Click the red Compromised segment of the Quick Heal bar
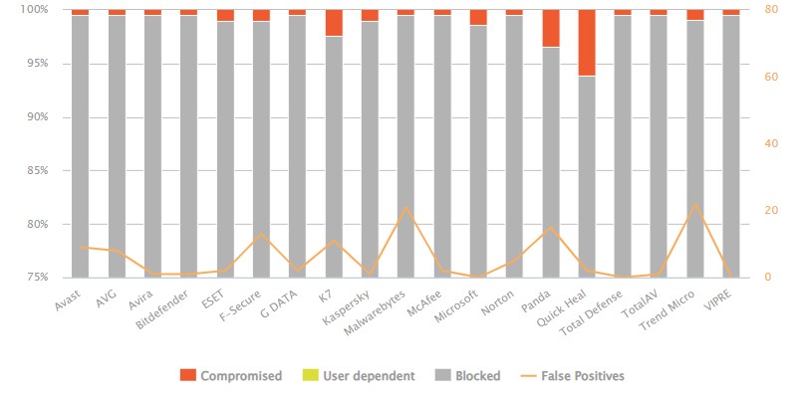click(x=586, y=43)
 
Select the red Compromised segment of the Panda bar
click(x=550, y=29)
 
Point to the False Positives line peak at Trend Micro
click(x=694, y=204)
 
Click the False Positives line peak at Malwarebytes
click(x=405, y=208)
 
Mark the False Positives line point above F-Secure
click(x=261, y=234)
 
